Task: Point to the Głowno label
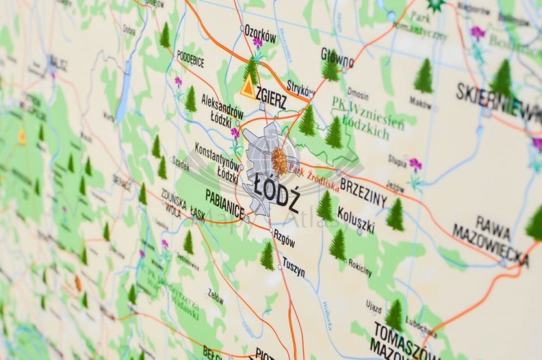coord(337,56)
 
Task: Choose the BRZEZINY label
coord(364,190)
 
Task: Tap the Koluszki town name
coord(356,219)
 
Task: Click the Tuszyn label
coord(293,267)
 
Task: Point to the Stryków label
coord(301,87)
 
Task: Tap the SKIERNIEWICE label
coord(499,102)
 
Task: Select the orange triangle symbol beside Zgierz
coord(248,88)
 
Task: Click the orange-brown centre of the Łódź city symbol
coord(279,160)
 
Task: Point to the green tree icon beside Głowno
coord(331,69)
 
